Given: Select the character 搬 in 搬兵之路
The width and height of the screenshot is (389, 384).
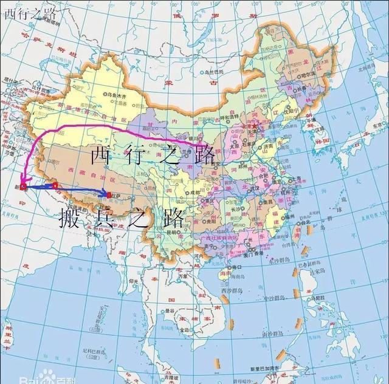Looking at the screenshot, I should pyautogui.click(x=69, y=218).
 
